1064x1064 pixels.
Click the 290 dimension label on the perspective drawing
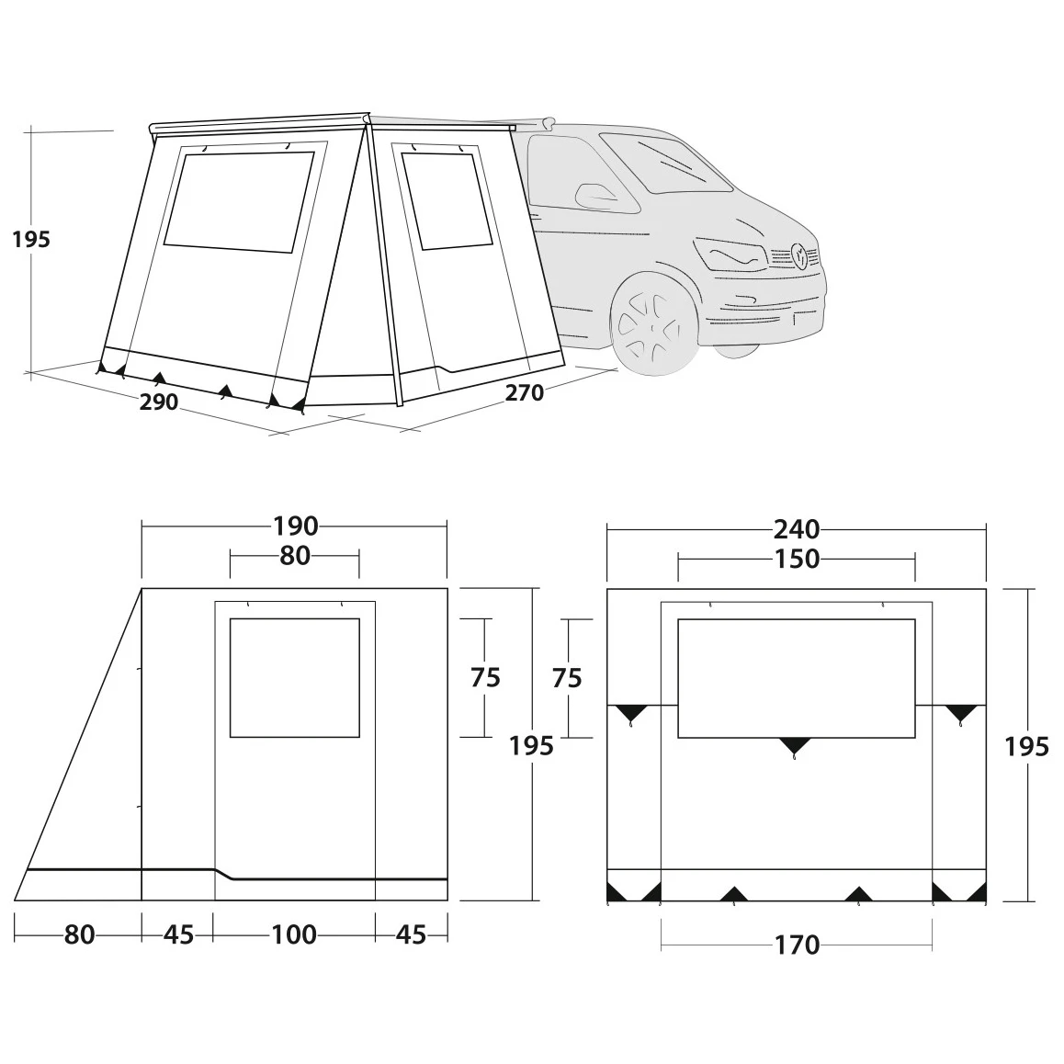pyautogui.click(x=159, y=402)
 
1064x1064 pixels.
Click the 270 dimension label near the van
pyautogui.click(x=525, y=392)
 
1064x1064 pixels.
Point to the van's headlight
pyautogui.click(x=730, y=255)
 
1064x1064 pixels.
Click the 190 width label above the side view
pyautogui.click(x=296, y=526)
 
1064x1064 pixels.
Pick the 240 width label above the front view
pyautogui.click(x=797, y=529)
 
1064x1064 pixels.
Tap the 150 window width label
pyautogui.click(x=797, y=560)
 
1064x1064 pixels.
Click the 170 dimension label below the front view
pyautogui.click(x=797, y=945)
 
